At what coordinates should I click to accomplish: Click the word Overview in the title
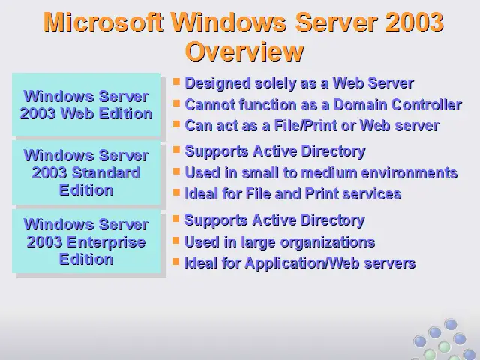click(244, 52)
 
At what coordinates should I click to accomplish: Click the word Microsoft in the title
click(103, 22)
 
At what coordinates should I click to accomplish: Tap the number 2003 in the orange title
click(414, 22)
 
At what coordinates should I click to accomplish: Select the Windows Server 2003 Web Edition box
click(86, 105)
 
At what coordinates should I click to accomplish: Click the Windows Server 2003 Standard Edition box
click(86, 172)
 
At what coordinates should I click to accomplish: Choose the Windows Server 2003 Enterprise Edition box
click(86, 241)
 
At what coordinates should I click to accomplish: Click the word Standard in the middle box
click(106, 173)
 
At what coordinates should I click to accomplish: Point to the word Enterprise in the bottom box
click(106, 242)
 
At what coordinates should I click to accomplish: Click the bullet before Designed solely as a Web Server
click(176, 82)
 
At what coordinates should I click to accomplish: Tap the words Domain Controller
click(397, 105)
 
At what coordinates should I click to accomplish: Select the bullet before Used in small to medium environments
click(176, 171)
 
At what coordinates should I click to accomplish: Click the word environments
click(409, 173)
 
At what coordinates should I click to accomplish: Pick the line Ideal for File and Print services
click(293, 194)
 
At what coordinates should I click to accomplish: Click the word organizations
click(328, 242)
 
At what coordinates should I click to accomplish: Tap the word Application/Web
click(302, 263)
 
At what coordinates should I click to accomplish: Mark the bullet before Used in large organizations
click(175, 240)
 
